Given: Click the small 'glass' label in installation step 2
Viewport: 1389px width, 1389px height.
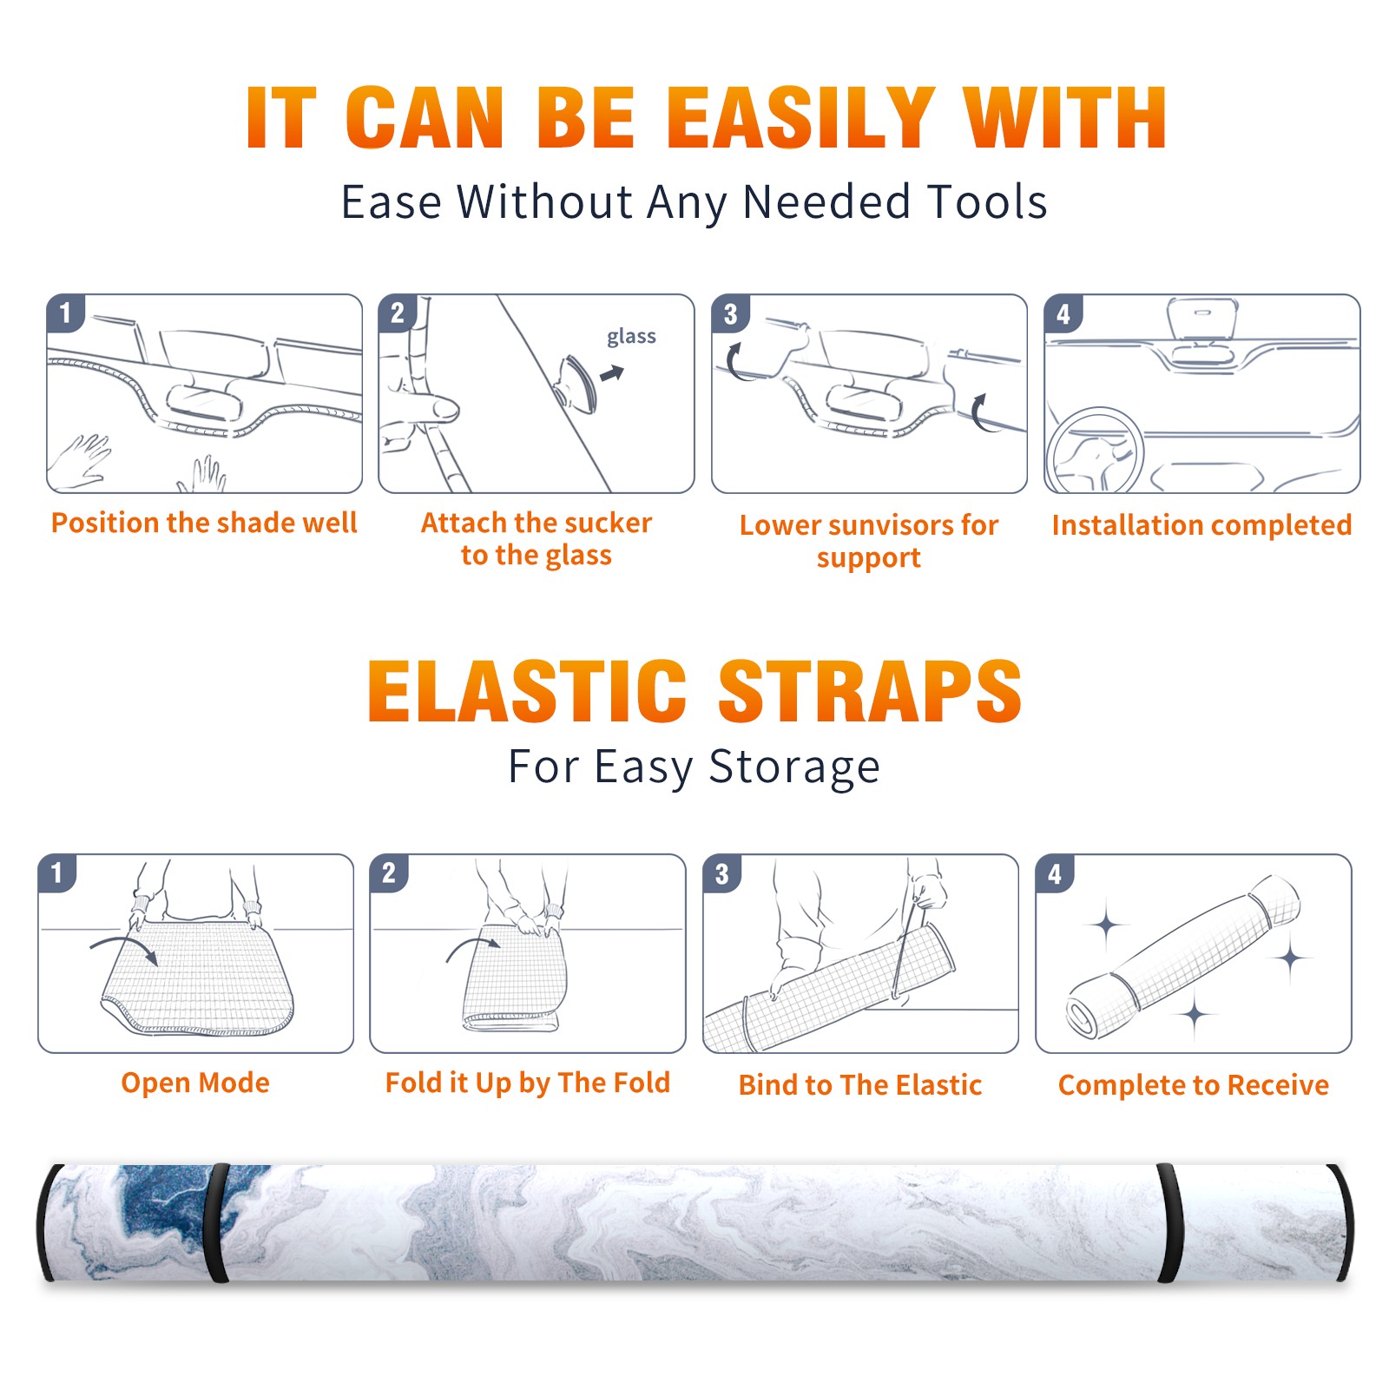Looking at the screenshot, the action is click(631, 337).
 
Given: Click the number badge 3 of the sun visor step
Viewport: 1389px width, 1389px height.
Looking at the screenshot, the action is click(730, 313).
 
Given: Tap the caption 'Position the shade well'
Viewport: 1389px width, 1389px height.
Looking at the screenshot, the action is click(204, 523).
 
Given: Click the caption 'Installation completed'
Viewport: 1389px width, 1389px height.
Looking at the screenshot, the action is click(1201, 525).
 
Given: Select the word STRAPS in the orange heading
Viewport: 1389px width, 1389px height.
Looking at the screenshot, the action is click(870, 691).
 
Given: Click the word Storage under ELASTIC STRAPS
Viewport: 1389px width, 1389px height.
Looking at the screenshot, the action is click(794, 767).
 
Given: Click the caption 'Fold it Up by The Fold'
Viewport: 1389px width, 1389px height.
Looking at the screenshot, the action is click(527, 1083).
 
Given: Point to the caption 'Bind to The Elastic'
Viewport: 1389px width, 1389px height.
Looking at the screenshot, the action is click(859, 1085).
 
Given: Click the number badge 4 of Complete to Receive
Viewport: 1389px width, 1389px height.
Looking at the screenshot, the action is click(1054, 873).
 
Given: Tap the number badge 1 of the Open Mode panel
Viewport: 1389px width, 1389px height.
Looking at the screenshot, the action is click(56, 872).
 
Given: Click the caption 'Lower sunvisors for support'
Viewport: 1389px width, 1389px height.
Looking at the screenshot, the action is click(868, 541).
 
